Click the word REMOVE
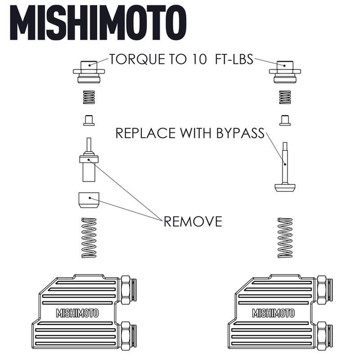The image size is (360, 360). (193, 222)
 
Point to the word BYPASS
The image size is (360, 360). (237, 134)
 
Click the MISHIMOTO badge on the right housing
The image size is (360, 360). (273, 313)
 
